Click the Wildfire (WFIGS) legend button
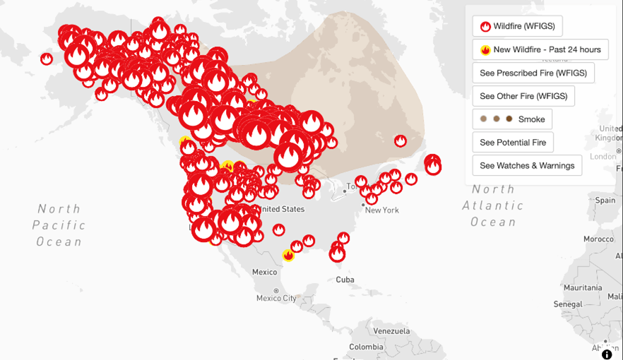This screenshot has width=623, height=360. click(x=517, y=26)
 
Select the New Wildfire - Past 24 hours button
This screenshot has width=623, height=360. click(x=540, y=49)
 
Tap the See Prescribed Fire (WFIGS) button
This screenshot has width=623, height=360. click(x=533, y=73)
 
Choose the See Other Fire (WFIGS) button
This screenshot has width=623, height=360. click(x=523, y=96)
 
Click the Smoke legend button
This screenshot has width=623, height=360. click(x=512, y=119)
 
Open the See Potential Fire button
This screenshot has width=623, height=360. click(x=513, y=143)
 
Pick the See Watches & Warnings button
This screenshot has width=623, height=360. click(x=527, y=166)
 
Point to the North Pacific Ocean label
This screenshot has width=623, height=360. click(x=59, y=225)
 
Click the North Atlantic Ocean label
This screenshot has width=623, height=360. click(x=493, y=205)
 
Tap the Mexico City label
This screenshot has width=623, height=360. click(x=276, y=298)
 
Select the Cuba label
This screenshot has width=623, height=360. click(x=345, y=280)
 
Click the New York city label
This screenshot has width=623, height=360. click(x=381, y=210)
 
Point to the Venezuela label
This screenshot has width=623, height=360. click(x=391, y=331)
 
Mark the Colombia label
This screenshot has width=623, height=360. click(x=366, y=347)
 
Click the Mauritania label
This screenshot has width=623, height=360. click(x=583, y=288)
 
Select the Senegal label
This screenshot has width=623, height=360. click(x=569, y=304)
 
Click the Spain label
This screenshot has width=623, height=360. click(x=605, y=200)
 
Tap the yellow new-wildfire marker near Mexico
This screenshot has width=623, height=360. click(x=288, y=255)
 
